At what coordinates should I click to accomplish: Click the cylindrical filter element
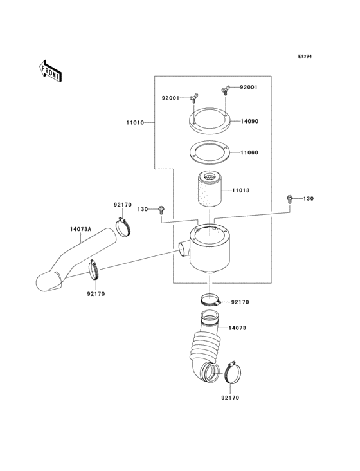[x=209, y=191]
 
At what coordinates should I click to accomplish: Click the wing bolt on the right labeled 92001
[x=227, y=89]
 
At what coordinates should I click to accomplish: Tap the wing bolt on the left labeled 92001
[x=193, y=98]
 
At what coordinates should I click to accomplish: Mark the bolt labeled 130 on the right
[x=291, y=199]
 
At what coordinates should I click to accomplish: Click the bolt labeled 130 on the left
[x=161, y=210]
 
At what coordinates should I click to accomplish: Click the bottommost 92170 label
[x=229, y=398]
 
